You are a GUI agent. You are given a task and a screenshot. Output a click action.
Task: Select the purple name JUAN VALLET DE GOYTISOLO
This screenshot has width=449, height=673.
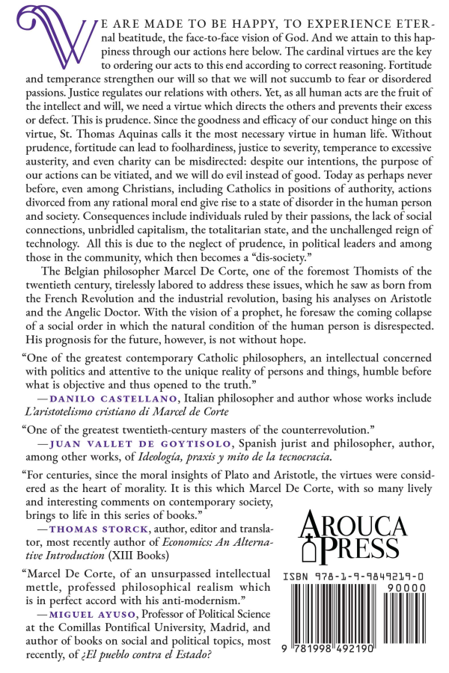click(x=123, y=443)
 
